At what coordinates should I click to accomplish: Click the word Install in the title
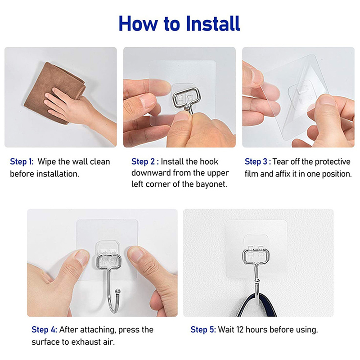pyautogui.click(x=213, y=24)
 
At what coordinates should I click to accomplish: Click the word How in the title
pyautogui.click(x=138, y=24)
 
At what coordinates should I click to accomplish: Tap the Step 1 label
pyautogui.click(x=22, y=162)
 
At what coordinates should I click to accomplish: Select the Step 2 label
pyautogui.click(x=145, y=162)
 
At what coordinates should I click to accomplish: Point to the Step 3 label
pyautogui.click(x=257, y=162)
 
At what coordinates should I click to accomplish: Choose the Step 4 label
pyautogui.click(x=44, y=330)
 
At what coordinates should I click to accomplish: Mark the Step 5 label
pyautogui.click(x=203, y=330)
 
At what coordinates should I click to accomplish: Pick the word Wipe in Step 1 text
pyautogui.click(x=47, y=162)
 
